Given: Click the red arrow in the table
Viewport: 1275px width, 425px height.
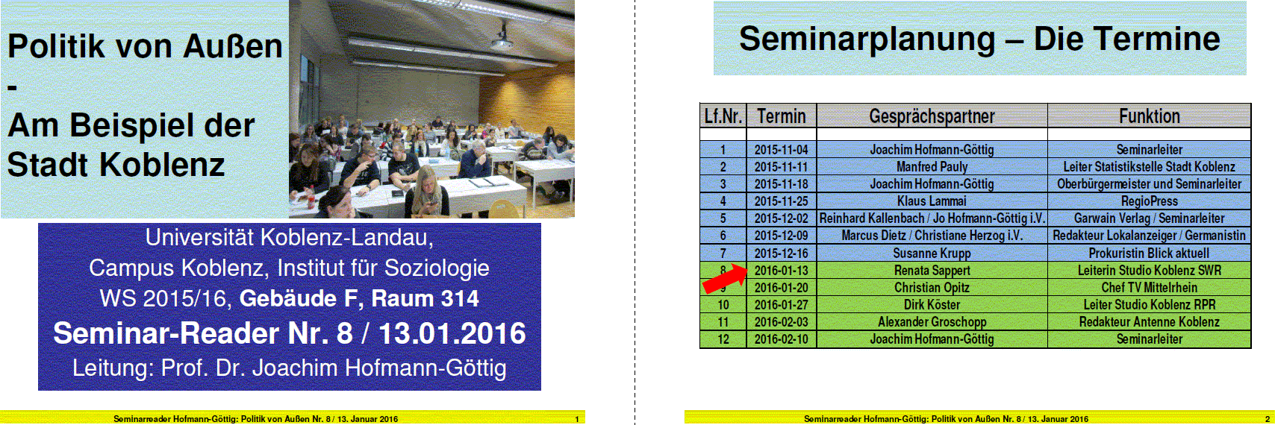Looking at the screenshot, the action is [725, 278].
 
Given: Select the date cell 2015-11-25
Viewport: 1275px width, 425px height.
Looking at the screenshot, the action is [781, 201].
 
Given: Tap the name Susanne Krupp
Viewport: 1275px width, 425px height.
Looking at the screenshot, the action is [932, 253].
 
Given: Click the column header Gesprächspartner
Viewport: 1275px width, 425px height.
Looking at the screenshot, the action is [932, 116].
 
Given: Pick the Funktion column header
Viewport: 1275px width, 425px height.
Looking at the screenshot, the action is [1149, 116].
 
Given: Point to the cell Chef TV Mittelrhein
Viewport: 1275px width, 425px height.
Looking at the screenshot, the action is [1149, 288].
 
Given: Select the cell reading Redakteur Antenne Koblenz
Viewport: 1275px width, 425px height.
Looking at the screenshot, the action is [1149, 321].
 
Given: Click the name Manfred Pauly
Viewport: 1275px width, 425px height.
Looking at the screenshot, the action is [932, 167].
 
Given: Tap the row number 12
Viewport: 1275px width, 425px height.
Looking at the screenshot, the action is [723, 339].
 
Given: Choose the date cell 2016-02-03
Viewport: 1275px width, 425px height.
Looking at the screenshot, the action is [781, 321].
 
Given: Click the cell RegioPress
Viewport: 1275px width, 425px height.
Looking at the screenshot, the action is [1149, 201].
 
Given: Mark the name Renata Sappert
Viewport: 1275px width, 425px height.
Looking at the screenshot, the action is [932, 271].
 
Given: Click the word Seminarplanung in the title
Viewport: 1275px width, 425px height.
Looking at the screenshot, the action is [867, 40].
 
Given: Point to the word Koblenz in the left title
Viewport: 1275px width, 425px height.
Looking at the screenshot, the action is [162, 165].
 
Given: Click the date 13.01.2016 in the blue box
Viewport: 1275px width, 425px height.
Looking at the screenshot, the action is [452, 333].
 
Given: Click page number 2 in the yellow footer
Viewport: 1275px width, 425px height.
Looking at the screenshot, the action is [1267, 419].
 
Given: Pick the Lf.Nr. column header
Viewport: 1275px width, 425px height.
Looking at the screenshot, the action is [723, 116].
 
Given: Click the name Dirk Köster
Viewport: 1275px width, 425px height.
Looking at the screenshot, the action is [932, 304].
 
